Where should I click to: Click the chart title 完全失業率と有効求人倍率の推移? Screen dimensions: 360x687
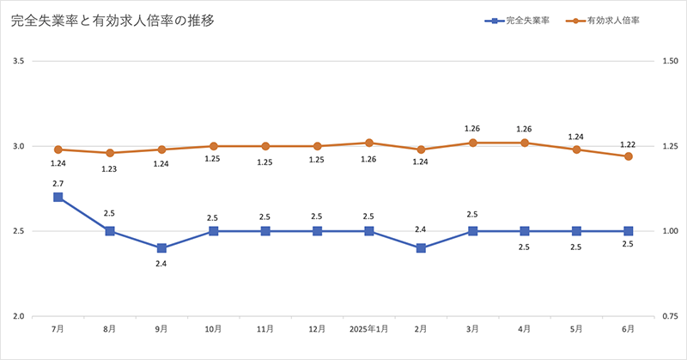[112, 21]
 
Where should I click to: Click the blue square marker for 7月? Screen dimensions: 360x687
[58, 197]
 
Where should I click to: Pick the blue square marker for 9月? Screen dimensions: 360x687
[161, 248]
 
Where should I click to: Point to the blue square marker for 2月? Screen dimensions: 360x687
[421, 248]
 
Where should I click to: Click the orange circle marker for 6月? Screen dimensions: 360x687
[628, 156]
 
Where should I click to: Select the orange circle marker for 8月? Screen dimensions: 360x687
[110, 153]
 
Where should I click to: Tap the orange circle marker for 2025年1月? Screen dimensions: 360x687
[369, 143]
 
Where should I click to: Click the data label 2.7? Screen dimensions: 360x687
[58, 183]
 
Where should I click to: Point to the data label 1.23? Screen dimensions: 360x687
[110, 168]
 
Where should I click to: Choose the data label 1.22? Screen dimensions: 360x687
[628, 143]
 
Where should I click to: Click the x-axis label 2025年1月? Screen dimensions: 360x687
[369, 329]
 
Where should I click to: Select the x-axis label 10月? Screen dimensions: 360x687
[214, 329]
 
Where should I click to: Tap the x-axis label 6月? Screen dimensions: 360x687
[628, 329]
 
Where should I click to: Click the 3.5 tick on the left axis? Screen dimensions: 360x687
[18, 61]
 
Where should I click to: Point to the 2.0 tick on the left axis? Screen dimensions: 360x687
[18, 316]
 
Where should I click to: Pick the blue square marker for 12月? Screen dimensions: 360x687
[317, 231]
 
